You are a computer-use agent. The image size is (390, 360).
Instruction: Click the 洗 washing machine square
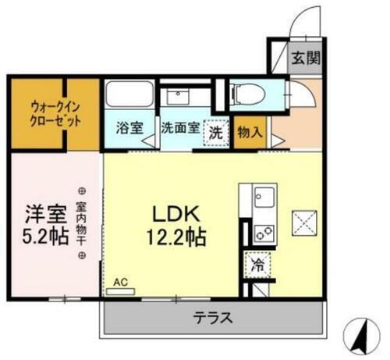click(x=215, y=131)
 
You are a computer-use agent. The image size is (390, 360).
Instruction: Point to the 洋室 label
click(x=39, y=212)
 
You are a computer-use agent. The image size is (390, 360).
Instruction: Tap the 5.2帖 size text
click(x=39, y=237)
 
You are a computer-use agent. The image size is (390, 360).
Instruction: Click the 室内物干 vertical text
click(x=81, y=223)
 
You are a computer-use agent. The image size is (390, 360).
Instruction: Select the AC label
click(x=120, y=281)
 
